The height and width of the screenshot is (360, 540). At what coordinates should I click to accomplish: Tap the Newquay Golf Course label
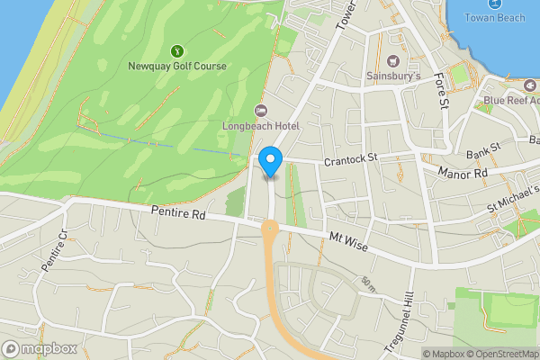[178, 67]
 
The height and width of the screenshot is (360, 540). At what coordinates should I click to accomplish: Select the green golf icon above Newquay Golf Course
[177, 50]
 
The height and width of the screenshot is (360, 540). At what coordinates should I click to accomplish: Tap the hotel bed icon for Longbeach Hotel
[261, 111]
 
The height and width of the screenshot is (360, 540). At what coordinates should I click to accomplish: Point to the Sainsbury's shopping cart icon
[392, 61]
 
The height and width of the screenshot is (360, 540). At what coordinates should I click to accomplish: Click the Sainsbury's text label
[393, 76]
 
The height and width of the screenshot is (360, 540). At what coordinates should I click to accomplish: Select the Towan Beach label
[496, 18]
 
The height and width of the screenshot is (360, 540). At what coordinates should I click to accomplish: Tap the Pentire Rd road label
[179, 216]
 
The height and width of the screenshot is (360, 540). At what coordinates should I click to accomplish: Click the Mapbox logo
[40, 348]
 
